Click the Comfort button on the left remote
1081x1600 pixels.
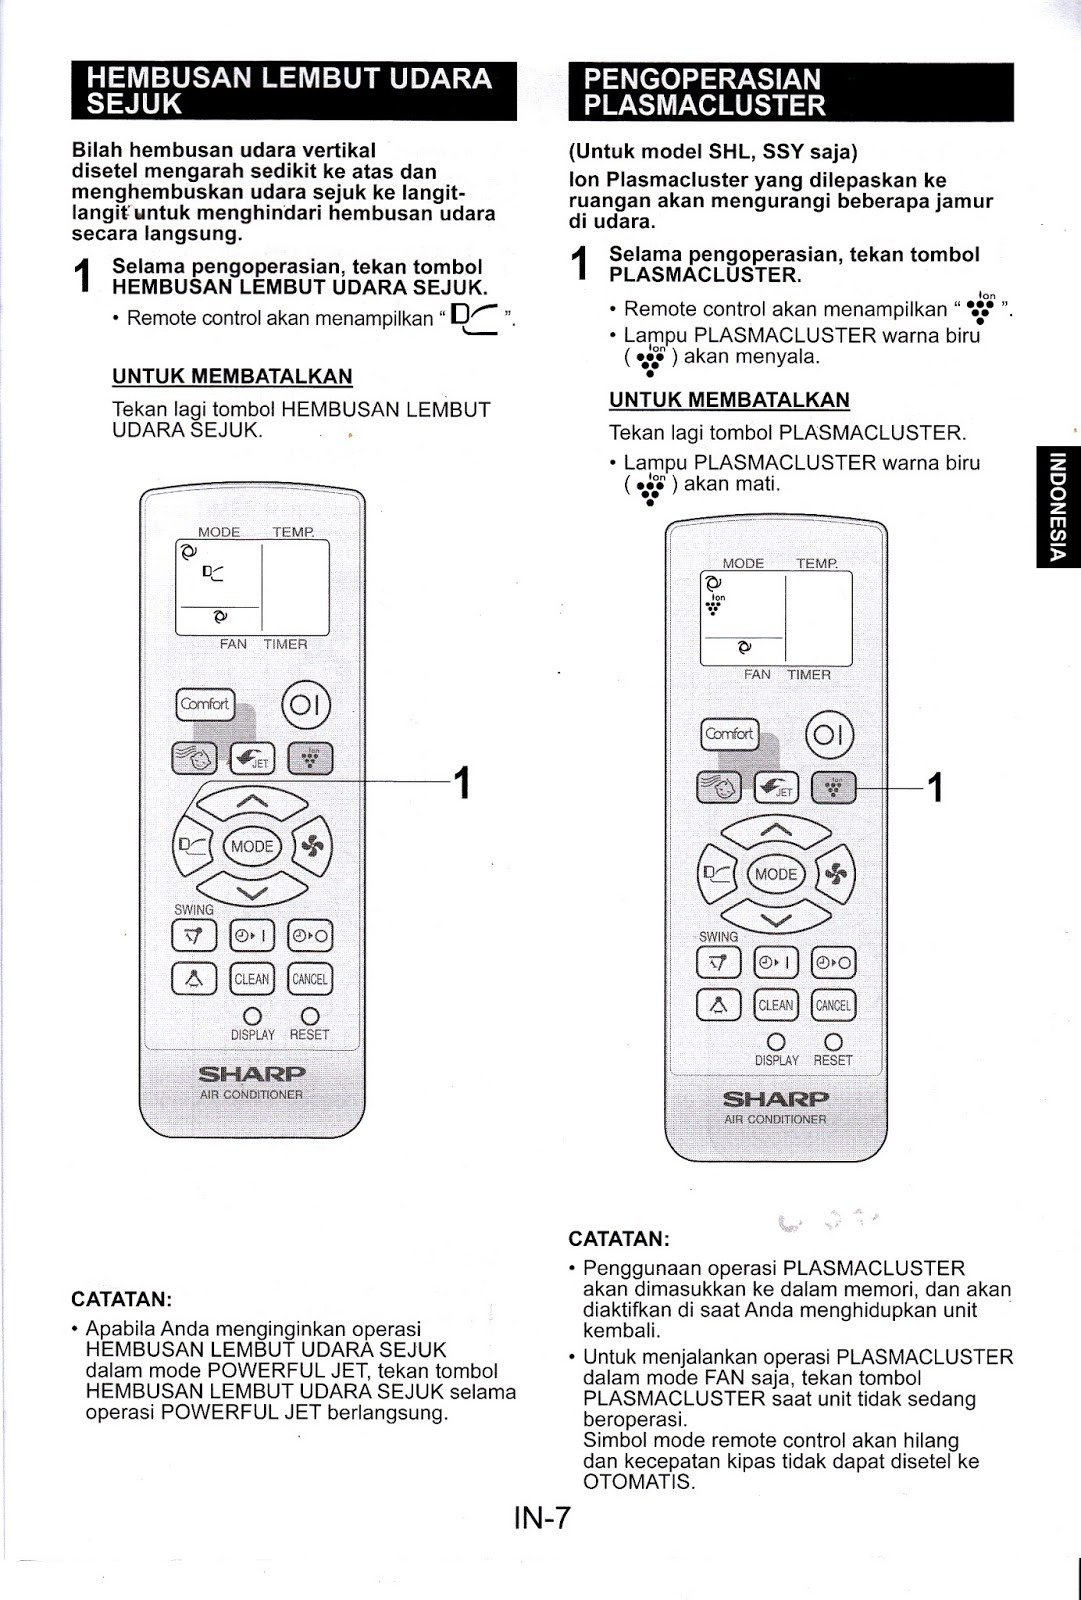pyautogui.click(x=205, y=704)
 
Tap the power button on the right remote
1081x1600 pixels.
pyautogui.click(x=829, y=736)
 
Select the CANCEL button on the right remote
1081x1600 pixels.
pyautogui.click(x=833, y=1005)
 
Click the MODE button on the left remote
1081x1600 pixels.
pyautogui.click(x=251, y=846)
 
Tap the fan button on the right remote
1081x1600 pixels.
pyautogui.click(x=836, y=874)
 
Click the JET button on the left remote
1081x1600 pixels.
pyautogui.click(x=252, y=759)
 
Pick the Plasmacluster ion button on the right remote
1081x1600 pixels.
pyautogui.click(x=834, y=788)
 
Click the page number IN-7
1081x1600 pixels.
pyautogui.click(x=541, y=1518)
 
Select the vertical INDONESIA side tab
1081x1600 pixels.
pyautogui.click(x=1058, y=505)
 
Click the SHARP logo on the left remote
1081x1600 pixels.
pyautogui.click(x=252, y=1074)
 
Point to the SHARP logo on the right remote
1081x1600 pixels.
pyautogui.click(x=776, y=1099)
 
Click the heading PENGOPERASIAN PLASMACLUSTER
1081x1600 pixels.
pyautogui.click(x=790, y=92)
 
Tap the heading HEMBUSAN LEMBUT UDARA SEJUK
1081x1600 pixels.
pyautogui.click(x=294, y=91)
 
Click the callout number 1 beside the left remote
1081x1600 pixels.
pyautogui.click(x=462, y=783)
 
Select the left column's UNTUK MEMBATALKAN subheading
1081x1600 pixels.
pyautogui.click(x=232, y=377)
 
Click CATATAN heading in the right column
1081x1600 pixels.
pyautogui.click(x=619, y=1239)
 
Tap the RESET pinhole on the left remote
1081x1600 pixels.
pyautogui.click(x=310, y=1017)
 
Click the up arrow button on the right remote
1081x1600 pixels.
pyautogui.click(x=776, y=830)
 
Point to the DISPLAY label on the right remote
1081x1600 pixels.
pyautogui.click(x=776, y=1061)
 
